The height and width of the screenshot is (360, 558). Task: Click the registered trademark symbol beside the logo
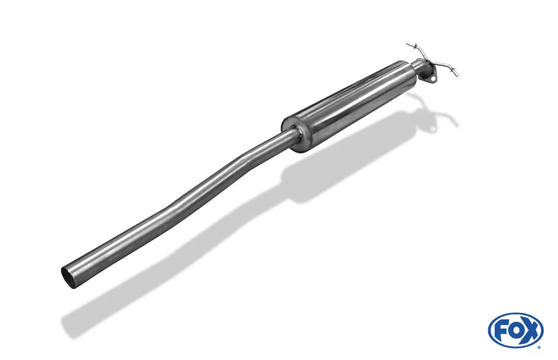pos(540,348)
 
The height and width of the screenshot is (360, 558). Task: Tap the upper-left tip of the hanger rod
pos(407,44)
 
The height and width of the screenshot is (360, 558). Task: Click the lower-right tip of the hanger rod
pos(458,75)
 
